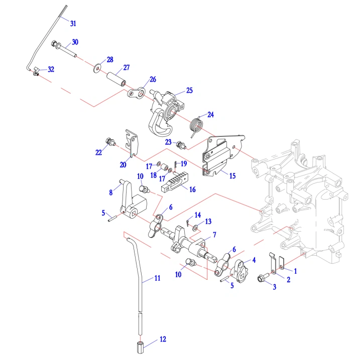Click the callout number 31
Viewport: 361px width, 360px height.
click(x=73, y=24)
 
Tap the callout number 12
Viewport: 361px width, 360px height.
click(x=163, y=339)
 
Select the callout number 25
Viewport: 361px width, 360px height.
click(x=189, y=91)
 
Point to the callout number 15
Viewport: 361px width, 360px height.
click(x=232, y=175)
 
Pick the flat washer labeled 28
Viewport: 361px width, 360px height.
click(x=96, y=66)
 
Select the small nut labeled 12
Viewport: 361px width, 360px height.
click(x=140, y=346)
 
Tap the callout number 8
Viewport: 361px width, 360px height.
click(x=110, y=192)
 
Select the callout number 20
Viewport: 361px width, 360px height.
click(x=123, y=164)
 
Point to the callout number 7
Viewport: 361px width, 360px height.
click(x=214, y=235)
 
